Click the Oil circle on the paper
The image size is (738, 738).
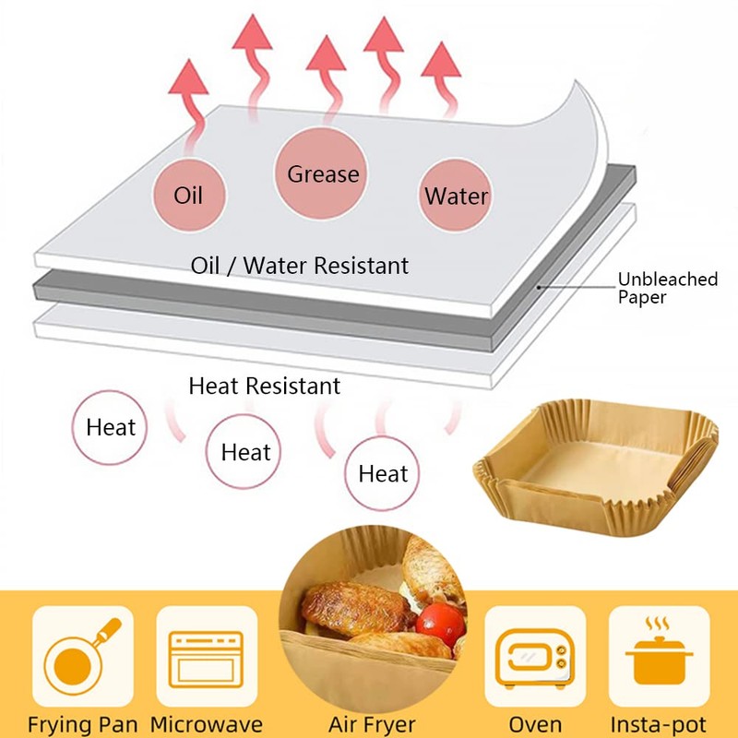click(188, 196)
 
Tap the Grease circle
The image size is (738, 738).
click(323, 173)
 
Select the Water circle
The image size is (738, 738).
click(456, 196)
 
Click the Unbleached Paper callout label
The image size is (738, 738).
click(667, 287)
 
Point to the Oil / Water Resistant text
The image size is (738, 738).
click(299, 266)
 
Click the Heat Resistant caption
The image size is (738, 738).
click(264, 386)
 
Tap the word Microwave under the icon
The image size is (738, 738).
click(207, 724)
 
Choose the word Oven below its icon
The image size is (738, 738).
click(535, 724)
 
